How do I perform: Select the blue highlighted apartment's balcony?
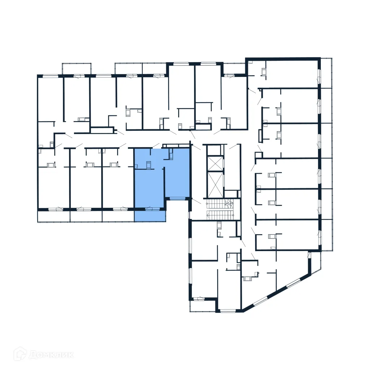point(150,216)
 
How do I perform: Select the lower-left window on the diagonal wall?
point(260,301)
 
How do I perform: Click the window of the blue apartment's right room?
point(177,198)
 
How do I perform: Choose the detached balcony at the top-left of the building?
point(76,69)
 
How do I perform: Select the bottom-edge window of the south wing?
point(228,310)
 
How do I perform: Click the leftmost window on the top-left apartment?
point(51,76)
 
